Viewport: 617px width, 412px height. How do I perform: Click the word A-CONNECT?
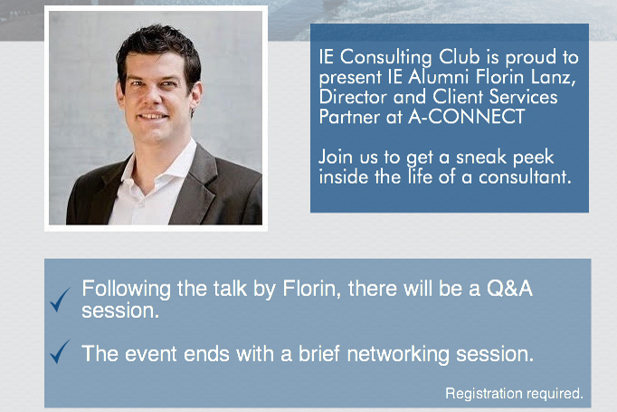[x=467, y=117]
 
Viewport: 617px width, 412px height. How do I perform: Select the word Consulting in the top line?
[x=385, y=58]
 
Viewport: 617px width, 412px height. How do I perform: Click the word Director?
[x=353, y=97]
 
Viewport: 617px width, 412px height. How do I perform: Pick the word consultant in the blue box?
[x=525, y=177]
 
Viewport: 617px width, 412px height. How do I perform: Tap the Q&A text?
[x=509, y=289]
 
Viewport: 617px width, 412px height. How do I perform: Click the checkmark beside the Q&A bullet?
[x=60, y=300]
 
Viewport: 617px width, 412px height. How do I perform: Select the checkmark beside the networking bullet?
[x=60, y=351]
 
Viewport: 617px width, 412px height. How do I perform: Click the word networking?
[x=398, y=354]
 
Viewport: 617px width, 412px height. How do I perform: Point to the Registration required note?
[x=514, y=393]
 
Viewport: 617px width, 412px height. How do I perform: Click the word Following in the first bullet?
[x=127, y=290]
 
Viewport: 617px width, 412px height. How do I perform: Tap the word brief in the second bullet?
[x=318, y=353]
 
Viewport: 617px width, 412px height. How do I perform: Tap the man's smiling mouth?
[x=153, y=116]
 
